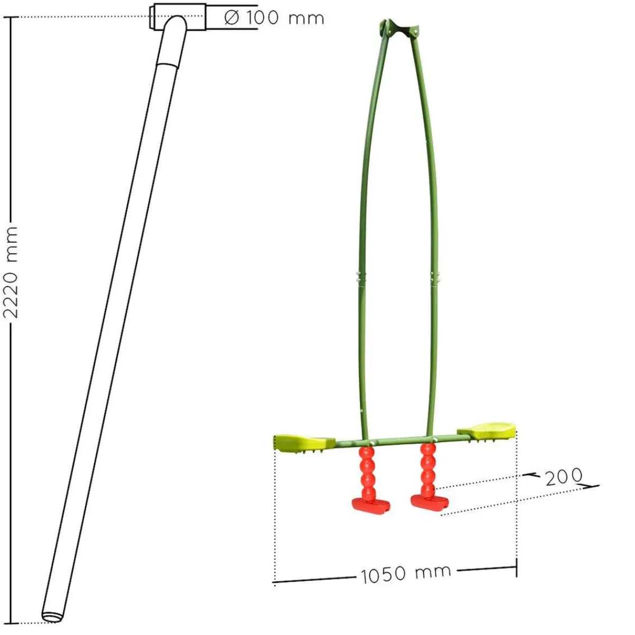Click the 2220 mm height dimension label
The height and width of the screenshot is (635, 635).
pyautogui.click(x=10, y=273)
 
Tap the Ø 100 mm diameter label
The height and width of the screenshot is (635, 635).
pyautogui.click(x=274, y=18)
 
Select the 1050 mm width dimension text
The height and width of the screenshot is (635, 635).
pyautogui.click(x=406, y=574)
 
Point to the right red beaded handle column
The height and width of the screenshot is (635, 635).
pyautogui.click(x=428, y=469)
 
